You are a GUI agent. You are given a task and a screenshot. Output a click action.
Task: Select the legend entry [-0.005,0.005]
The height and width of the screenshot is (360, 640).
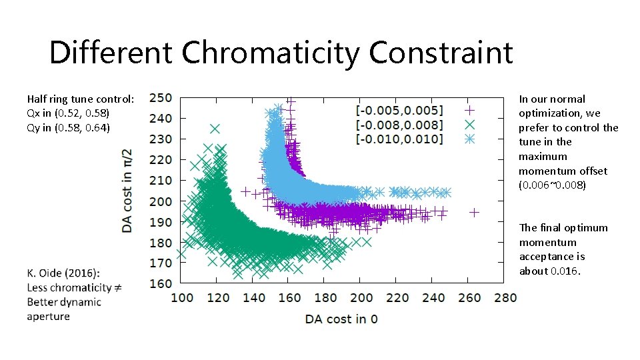399,110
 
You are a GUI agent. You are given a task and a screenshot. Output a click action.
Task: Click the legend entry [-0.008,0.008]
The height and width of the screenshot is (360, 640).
399,124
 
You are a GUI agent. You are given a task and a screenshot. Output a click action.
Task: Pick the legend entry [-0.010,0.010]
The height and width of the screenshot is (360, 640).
399,139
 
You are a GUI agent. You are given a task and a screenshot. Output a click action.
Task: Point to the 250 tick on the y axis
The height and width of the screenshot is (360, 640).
160,97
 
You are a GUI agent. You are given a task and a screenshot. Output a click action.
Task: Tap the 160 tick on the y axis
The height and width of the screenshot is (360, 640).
160,283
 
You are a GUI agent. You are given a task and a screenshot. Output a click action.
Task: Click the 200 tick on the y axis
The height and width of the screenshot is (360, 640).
160,201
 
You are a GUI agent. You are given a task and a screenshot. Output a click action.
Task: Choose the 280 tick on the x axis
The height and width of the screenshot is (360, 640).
505,297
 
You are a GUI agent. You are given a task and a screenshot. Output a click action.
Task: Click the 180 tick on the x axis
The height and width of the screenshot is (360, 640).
325,297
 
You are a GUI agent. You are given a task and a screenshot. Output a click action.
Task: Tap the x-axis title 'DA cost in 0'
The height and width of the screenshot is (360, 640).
341,319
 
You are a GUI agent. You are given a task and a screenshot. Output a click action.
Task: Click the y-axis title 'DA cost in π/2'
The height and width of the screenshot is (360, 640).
127,190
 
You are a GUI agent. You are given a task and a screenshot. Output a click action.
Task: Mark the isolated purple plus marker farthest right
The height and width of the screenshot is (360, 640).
474,213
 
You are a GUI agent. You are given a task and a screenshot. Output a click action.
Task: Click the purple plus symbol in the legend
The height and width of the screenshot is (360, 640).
469,110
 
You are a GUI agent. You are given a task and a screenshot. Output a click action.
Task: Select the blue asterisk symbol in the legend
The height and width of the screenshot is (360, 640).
469,139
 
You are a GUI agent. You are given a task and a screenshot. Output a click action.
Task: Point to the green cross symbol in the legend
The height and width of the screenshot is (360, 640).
469,124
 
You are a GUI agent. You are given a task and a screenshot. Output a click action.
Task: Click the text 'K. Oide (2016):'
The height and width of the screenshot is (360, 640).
63,273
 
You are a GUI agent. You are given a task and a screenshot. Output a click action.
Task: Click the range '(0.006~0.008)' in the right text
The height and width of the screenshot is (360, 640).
553,185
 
